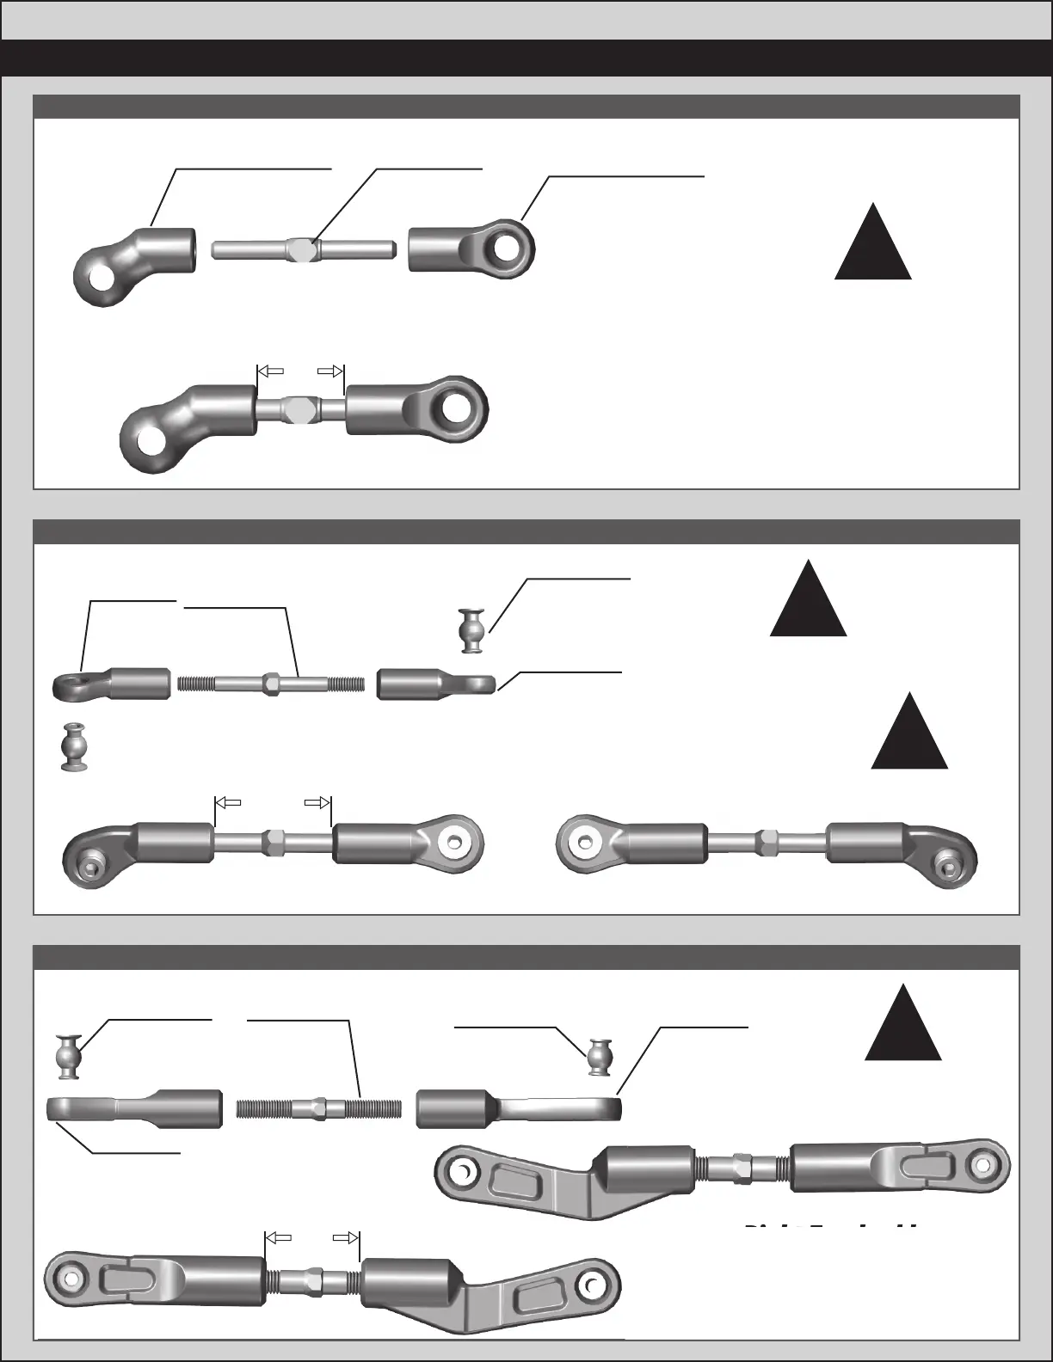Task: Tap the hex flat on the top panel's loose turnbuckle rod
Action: (x=302, y=248)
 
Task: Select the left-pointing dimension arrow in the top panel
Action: (x=272, y=371)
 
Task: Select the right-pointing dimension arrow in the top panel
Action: (x=329, y=371)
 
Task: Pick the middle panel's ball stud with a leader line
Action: (x=471, y=629)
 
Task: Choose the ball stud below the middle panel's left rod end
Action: (x=75, y=745)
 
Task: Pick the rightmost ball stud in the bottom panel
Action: (x=600, y=1057)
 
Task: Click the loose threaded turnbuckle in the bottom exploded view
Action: (x=318, y=1108)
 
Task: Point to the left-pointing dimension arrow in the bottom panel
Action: (x=278, y=1238)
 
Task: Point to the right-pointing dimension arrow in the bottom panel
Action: (x=345, y=1238)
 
